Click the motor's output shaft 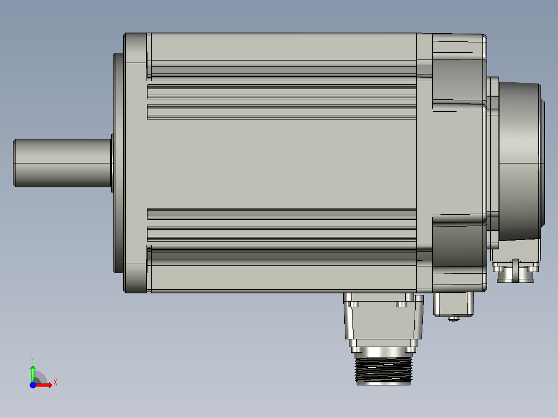click(62, 162)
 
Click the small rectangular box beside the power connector click(453, 304)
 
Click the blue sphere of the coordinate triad click(33, 385)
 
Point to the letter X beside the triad click(55, 383)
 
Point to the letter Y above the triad click(33, 359)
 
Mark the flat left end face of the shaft click(14, 162)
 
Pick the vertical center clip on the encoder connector click(516, 270)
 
